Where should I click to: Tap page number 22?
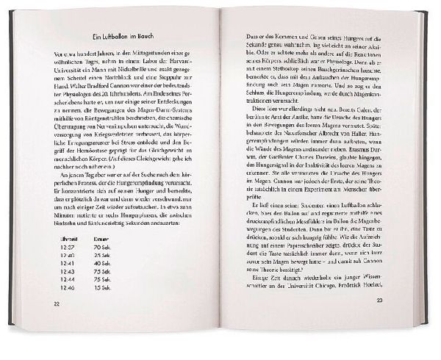click(x=57, y=303)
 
